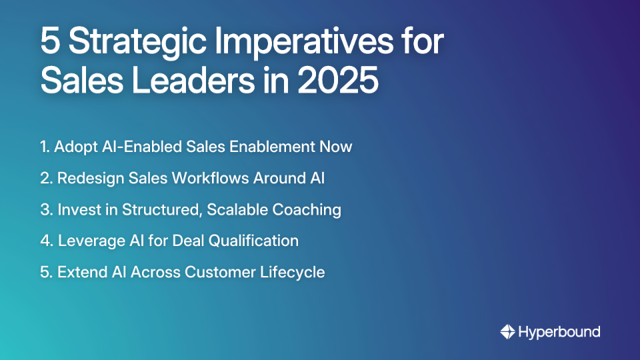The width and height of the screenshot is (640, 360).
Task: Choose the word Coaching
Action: click(308, 210)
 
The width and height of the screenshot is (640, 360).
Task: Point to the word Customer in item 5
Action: click(223, 272)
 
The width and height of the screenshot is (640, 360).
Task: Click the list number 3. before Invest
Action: click(46, 210)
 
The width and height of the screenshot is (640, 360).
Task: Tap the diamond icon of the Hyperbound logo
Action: click(507, 331)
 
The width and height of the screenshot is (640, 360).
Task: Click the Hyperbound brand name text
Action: click(559, 331)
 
